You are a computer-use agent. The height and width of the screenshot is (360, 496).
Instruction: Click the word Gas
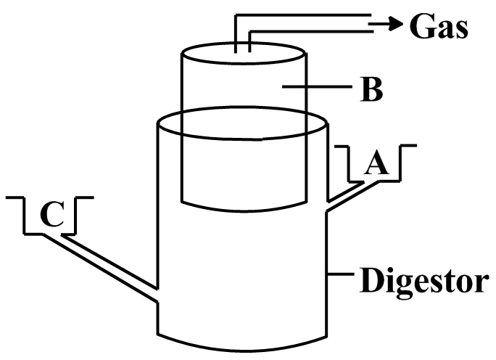pyautogui.click(x=439, y=25)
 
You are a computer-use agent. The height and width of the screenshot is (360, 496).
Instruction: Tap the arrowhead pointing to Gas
pyautogui.click(x=396, y=24)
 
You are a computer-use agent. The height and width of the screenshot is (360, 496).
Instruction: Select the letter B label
pyautogui.click(x=372, y=89)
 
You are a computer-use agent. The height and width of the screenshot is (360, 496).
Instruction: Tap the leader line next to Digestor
pyautogui.click(x=341, y=274)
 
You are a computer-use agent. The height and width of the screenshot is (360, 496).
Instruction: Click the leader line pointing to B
pyautogui.click(x=318, y=86)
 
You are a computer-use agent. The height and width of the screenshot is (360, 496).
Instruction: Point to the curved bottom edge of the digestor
pyautogui.click(x=242, y=351)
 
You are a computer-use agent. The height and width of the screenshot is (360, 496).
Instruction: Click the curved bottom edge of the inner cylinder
pyautogui.click(x=244, y=210)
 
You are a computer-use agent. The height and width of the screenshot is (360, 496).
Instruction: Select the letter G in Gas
pyautogui.click(x=421, y=25)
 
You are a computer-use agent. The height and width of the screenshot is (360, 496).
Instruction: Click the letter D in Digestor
pyautogui.click(x=372, y=279)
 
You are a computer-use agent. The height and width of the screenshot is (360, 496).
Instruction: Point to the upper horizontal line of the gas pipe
pyautogui.click(x=302, y=15)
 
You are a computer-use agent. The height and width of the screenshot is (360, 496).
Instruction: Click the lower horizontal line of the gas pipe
pyautogui.click(x=311, y=31)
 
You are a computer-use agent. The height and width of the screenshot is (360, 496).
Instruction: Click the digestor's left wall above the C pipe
pyautogui.click(x=157, y=205)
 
